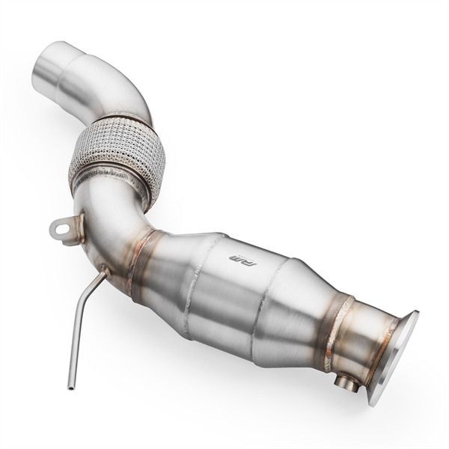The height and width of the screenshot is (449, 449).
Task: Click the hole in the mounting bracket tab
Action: pyautogui.click(x=62, y=228)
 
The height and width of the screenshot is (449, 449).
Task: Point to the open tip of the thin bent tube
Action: pyautogui.click(x=70, y=386)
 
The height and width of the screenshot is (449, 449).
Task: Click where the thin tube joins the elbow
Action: pyautogui.click(x=105, y=273)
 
